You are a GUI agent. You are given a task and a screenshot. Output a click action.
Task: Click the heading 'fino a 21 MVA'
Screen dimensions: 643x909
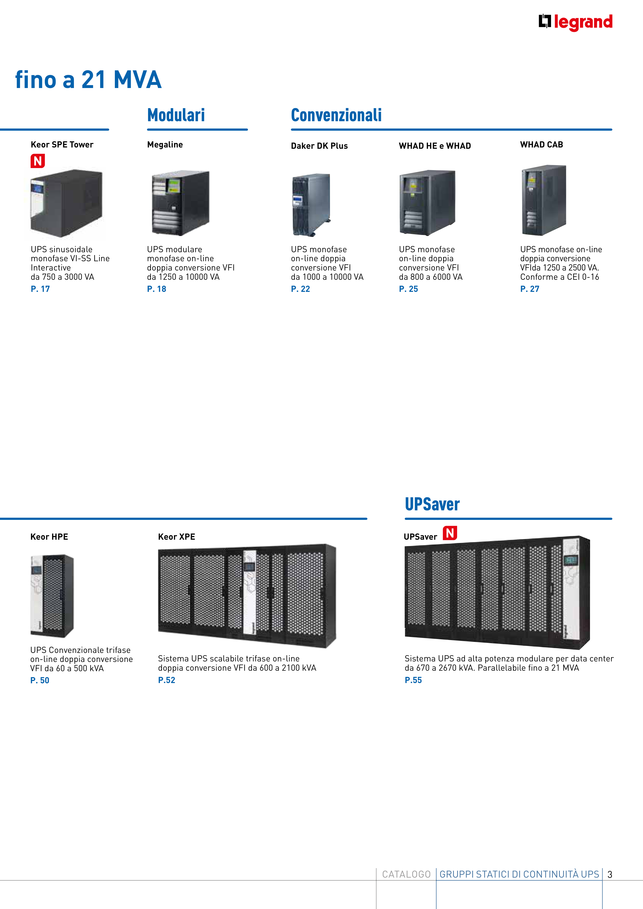pyautogui.click(x=88, y=79)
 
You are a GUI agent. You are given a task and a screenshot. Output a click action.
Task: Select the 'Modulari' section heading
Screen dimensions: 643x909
pyautogui.click(x=176, y=115)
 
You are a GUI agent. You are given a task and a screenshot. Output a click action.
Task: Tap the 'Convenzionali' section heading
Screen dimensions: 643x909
pyautogui.click(x=336, y=115)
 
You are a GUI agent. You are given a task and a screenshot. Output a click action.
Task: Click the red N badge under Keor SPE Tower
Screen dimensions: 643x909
pyautogui.click(x=38, y=161)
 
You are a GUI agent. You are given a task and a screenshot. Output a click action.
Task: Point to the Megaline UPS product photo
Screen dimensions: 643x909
pyautogui.click(x=181, y=203)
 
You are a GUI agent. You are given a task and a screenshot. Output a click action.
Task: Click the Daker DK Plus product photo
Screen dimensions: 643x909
pyautogui.click(x=311, y=205)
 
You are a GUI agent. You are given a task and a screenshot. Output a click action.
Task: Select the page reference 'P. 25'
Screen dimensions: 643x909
pyautogui.click(x=408, y=289)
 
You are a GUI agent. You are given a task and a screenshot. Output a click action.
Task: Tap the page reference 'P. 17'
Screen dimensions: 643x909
pyautogui.click(x=40, y=289)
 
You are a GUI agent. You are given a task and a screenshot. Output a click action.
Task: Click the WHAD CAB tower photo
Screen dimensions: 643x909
pyautogui.click(x=544, y=200)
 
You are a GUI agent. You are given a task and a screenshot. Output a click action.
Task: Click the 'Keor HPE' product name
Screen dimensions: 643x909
pyautogui.click(x=49, y=537)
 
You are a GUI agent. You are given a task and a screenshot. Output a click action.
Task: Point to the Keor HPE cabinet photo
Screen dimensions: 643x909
pyautogui.click(x=52, y=596)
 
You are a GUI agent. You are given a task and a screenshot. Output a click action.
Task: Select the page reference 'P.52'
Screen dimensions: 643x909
pyautogui.click(x=166, y=680)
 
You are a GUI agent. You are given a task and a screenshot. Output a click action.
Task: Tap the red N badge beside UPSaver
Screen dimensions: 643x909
pyautogui.click(x=450, y=533)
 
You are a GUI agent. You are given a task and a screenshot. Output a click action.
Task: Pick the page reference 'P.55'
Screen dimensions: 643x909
pyautogui.click(x=413, y=680)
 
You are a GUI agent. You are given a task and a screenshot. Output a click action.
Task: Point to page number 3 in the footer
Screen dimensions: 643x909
pyautogui.click(x=610, y=874)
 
